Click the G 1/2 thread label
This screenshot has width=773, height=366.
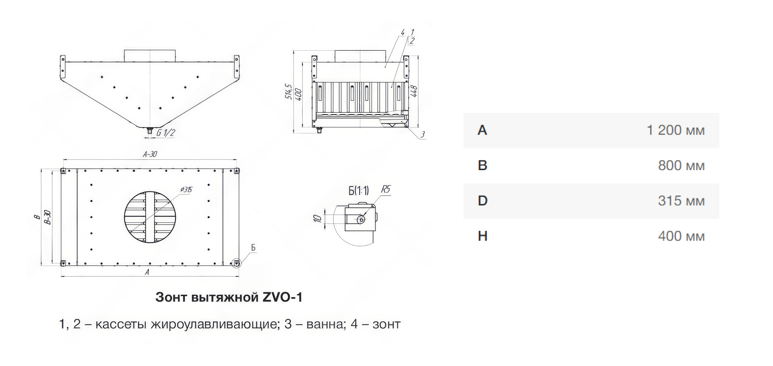point(166,133)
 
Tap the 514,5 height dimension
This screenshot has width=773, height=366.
point(288,92)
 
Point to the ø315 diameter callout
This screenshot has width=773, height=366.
point(186,190)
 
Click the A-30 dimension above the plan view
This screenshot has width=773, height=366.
point(150,154)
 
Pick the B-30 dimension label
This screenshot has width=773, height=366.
point(47,217)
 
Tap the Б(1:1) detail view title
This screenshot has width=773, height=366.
point(359,191)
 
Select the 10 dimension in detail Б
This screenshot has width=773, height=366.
point(317,218)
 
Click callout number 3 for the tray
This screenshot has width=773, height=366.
point(422,135)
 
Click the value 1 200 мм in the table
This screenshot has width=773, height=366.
point(675,130)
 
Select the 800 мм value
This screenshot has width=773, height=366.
point(681,166)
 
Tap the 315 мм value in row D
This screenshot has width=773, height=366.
point(681,201)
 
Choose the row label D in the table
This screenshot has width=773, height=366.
point(482,201)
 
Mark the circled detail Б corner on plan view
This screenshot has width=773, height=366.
point(236,263)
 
